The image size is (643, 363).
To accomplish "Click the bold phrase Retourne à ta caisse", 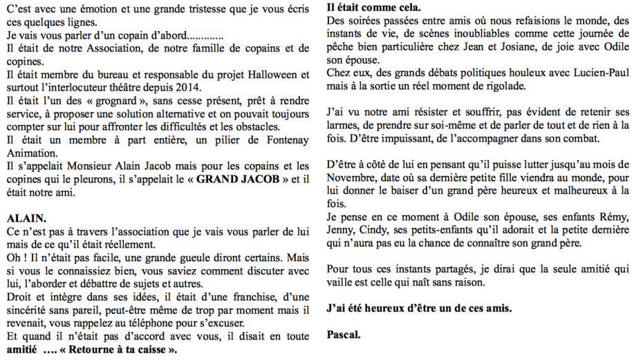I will point(122,350).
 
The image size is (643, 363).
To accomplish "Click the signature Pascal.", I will point(344,335).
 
